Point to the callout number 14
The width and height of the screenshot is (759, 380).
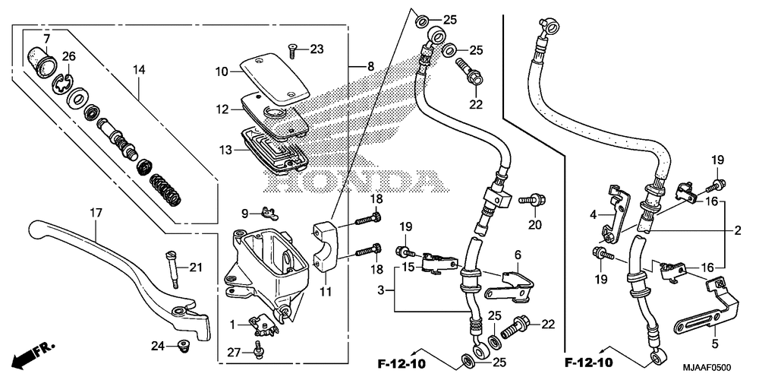pyautogui.click(x=138, y=71)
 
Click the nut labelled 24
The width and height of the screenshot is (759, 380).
pyautogui.click(x=181, y=347)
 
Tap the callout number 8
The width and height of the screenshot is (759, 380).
pyautogui.click(x=370, y=67)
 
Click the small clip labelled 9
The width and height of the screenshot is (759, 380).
pyautogui.click(x=264, y=213)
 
